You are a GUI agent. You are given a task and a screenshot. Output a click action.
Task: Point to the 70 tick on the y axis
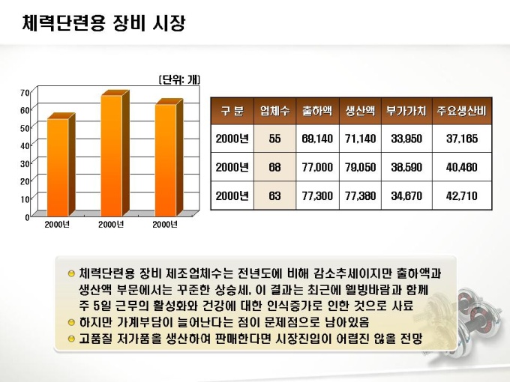[x=25, y=92]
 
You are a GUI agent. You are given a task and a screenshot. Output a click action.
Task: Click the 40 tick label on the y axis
[x=25, y=145]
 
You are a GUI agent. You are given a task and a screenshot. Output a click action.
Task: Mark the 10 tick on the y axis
[x=25, y=198]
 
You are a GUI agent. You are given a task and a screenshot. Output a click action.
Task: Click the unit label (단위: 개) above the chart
[x=179, y=79]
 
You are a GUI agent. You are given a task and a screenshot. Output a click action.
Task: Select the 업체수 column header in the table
[x=274, y=111]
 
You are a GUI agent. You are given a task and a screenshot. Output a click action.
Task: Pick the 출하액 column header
[x=317, y=111]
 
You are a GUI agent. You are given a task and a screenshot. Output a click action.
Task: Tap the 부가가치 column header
[x=406, y=111]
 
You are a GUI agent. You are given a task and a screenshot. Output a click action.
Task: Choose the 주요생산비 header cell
[x=461, y=111]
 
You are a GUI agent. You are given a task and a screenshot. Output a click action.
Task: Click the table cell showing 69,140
[x=317, y=139]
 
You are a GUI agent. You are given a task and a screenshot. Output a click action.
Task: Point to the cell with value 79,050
[x=360, y=168]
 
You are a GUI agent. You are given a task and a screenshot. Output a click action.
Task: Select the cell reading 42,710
[x=461, y=195]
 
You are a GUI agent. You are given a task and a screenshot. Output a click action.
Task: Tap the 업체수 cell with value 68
[x=274, y=168]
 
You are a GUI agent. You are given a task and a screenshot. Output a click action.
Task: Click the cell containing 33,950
[x=406, y=139]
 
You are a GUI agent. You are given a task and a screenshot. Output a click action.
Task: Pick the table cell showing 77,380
[x=360, y=195]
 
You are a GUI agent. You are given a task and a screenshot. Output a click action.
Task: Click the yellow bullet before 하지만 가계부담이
[x=70, y=323]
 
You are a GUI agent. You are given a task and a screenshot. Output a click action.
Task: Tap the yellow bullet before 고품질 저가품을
[x=70, y=339]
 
